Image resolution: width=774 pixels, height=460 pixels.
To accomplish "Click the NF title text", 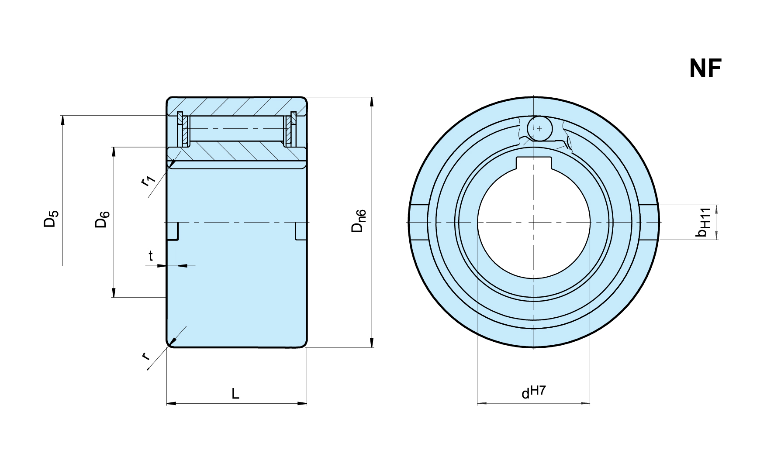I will point(705,69).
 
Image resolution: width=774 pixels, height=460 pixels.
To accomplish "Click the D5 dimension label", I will point(51,219).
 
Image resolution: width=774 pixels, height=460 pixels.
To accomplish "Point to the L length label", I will point(235,394).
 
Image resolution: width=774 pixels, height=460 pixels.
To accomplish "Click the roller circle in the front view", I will point(539,128).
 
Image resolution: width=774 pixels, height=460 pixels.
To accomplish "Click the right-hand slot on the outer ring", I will point(649,222).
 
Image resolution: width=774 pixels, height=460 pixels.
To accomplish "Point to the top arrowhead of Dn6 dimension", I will point(372,101).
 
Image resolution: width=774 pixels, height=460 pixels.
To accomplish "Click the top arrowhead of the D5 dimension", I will point(62,120).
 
